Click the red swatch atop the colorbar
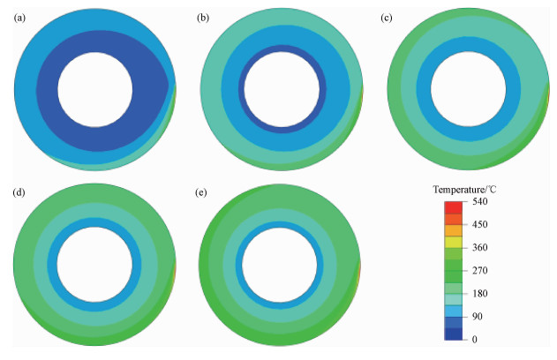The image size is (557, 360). tap(453, 207)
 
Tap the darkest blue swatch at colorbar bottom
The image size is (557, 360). tap(453, 334)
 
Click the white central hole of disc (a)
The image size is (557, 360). tap(95, 88)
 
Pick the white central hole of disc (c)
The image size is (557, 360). tap(468, 88)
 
